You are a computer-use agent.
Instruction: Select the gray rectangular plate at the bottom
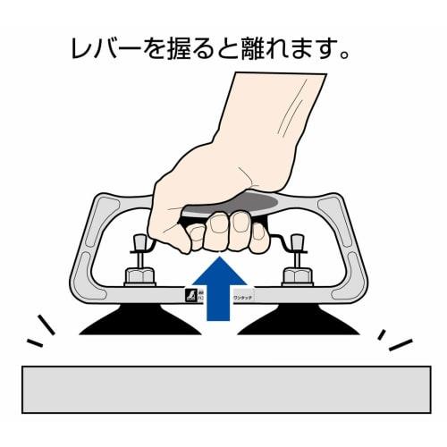point(223,387)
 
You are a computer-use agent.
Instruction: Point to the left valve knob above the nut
point(139,243)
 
